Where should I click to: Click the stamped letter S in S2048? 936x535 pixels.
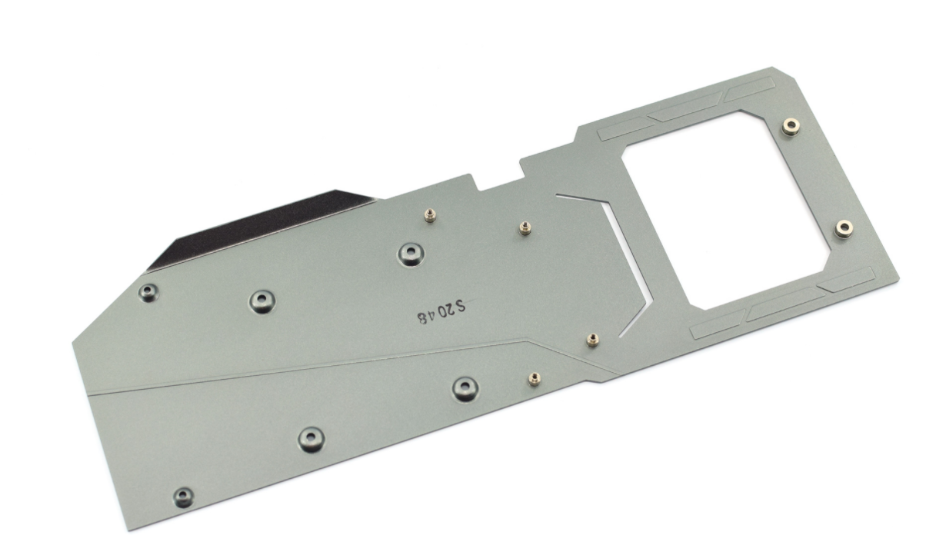tap(459, 306)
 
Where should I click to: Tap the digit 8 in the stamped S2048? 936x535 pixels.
tap(422, 318)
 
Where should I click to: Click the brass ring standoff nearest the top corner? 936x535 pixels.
tap(791, 126)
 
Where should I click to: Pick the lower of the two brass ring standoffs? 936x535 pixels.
tap(844, 229)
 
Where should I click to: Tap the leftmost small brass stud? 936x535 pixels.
tap(430, 215)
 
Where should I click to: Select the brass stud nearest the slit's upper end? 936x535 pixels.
tap(525, 228)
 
